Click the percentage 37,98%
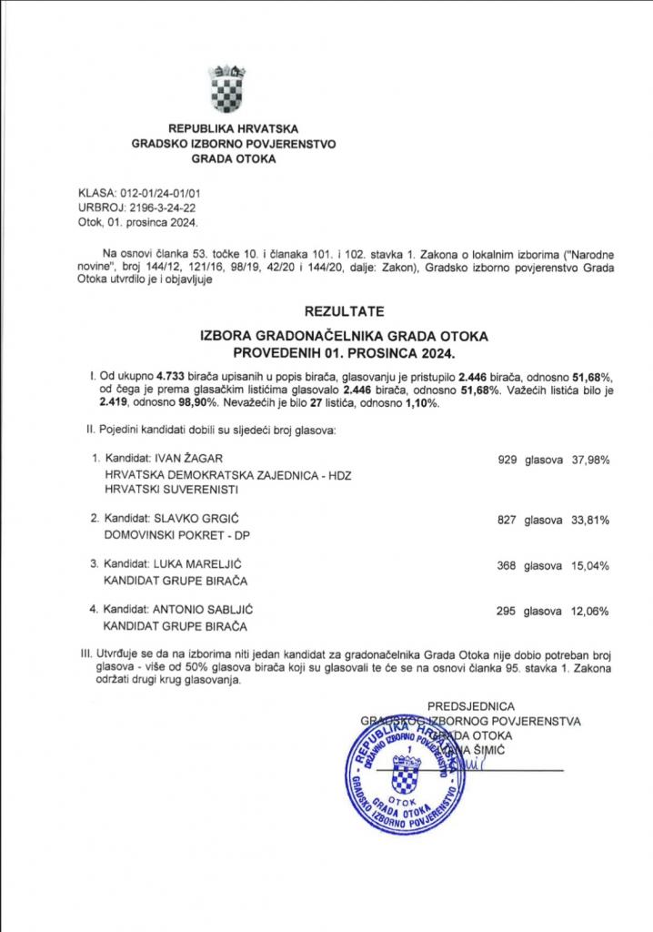[589, 460]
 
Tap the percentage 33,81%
[589, 519]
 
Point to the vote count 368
[507, 565]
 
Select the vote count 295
[507, 611]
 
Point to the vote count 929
[507, 460]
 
